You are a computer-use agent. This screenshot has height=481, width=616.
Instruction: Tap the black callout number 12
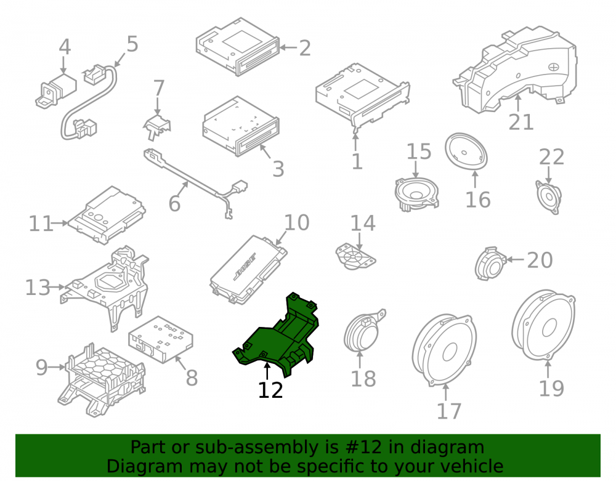point(270,390)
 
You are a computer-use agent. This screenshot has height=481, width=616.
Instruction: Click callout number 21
point(521,122)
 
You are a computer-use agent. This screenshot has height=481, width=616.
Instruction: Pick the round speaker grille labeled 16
point(466,152)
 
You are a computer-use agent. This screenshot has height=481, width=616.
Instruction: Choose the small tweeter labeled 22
point(548,196)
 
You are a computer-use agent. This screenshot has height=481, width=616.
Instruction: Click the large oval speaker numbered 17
point(444,350)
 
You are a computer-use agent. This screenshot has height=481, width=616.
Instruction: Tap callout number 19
point(551,388)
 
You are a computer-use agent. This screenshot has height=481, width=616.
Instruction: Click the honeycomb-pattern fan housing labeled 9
point(102,379)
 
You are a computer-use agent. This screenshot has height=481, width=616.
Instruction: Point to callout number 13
point(38,288)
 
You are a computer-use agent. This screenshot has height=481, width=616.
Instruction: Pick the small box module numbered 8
point(160,339)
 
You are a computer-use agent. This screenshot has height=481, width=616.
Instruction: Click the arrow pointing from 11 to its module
point(60,223)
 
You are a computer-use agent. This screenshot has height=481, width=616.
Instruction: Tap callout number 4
point(65,47)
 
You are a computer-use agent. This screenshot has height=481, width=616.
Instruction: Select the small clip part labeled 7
point(157,126)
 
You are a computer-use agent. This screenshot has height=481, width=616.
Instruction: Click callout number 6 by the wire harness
point(174,204)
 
